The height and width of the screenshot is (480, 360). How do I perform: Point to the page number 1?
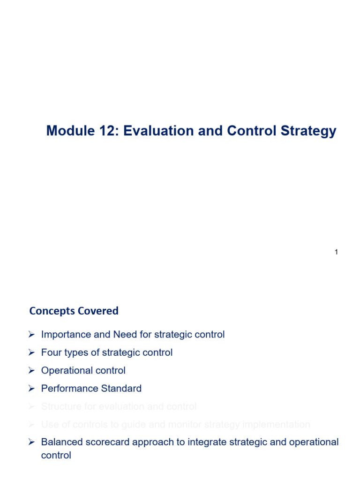336,252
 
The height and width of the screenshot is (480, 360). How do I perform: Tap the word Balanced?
60,442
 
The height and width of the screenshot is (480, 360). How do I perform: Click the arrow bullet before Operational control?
32,370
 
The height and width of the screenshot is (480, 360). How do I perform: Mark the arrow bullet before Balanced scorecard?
32,442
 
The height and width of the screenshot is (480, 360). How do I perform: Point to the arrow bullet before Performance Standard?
32,389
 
